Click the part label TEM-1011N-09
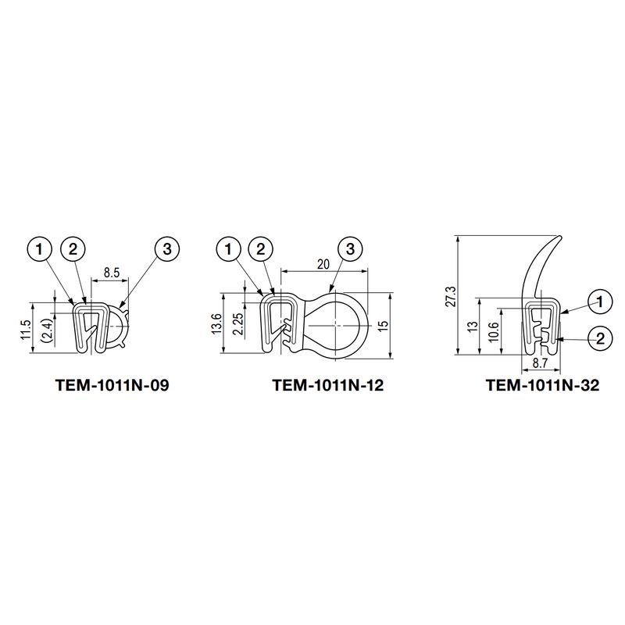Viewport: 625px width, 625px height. coord(112,385)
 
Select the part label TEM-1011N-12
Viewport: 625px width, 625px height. coord(328,385)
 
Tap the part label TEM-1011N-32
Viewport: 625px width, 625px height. coord(542,385)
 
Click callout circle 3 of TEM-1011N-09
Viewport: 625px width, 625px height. coord(167,248)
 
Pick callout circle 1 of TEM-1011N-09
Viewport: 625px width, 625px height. coord(40,248)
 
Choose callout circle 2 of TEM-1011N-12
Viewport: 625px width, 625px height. coord(261,249)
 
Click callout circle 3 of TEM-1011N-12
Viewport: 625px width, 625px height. coord(349,249)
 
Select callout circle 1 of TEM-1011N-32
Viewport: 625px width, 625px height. coord(600,302)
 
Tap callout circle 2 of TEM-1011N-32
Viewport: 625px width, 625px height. coord(600,338)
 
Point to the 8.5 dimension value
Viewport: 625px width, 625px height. coord(112,273)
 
